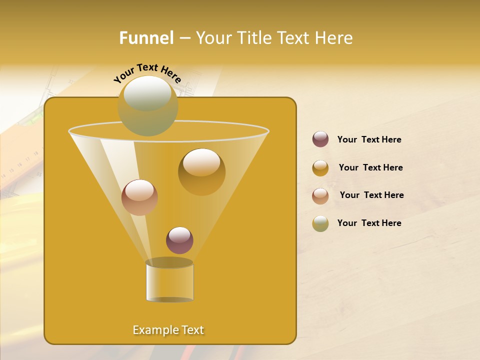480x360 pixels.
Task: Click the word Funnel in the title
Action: (x=146, y=38)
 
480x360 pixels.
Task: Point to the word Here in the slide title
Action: (x=334, y=38)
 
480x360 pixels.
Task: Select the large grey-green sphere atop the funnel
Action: (x=147, y=105)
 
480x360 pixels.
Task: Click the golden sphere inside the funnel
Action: (x=201, y=171)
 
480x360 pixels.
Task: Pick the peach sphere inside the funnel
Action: (x=139, y=197)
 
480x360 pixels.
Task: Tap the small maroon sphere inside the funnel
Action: (x=179, y=240)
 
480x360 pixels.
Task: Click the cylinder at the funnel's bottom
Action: (x=169, y=281)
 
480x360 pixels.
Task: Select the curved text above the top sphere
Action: (x=147, y=73)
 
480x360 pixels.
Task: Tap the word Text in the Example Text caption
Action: (x=191, y=330)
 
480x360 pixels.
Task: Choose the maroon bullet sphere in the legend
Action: (x=320, y=139)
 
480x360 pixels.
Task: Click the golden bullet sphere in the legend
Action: (x=320, y=167)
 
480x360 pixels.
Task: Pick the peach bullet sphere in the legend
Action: (x=320, y=195)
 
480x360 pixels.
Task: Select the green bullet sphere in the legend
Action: (x=320, y=223)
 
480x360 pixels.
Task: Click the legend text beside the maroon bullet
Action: (x=369, y=139)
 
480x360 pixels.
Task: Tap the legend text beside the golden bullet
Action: (x=370, y=167)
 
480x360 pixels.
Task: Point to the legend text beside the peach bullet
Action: (x=371, y=195)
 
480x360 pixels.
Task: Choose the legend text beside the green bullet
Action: (x=369, y=223)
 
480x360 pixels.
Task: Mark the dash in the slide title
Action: (x=184, y=38)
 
